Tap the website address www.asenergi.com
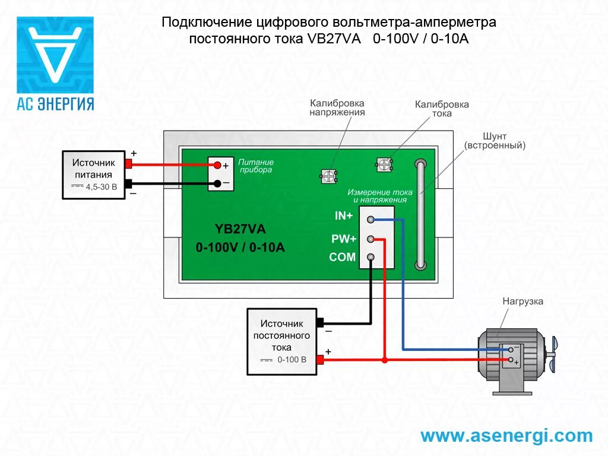click(506, 436)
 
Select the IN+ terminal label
click(344, 216)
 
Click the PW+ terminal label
click(344, 239)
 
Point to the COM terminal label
click(343, 257)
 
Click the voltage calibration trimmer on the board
click(328, 175)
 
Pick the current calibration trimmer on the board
click(385, 164)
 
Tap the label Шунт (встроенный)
click(495, 141)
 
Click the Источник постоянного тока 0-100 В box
click(282, 341)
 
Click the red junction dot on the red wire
click(385, 360)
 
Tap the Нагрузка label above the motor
click(522, 301)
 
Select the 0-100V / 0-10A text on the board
click(240, 248)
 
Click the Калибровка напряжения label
click(337, 107)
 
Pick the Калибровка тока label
click(442, 109)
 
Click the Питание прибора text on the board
click(256, 166)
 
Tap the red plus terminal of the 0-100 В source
click(320, 360)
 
